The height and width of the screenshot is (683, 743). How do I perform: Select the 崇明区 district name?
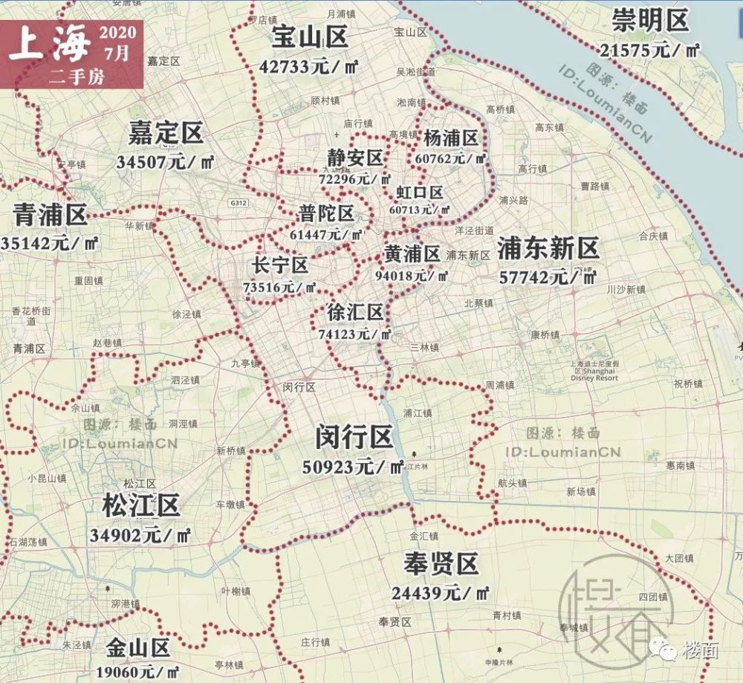pos(650,22)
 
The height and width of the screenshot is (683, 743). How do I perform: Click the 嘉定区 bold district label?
pos(165,134)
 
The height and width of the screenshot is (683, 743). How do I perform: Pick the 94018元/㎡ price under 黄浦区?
pos(412,276)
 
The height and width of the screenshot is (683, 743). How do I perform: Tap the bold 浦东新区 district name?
pos(548,248)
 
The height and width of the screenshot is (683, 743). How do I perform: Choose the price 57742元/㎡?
pos(548,277)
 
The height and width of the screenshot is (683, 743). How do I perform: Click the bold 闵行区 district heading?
pos(353,438)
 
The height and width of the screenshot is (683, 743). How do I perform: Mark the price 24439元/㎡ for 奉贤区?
pos(441,593)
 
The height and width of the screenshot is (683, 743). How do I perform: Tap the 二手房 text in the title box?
pos(77,75)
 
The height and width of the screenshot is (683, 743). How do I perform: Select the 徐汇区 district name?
pos(355,313)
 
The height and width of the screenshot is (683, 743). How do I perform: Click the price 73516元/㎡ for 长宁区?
pos(280,287)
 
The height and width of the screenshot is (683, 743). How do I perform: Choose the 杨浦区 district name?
pos(450,138)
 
